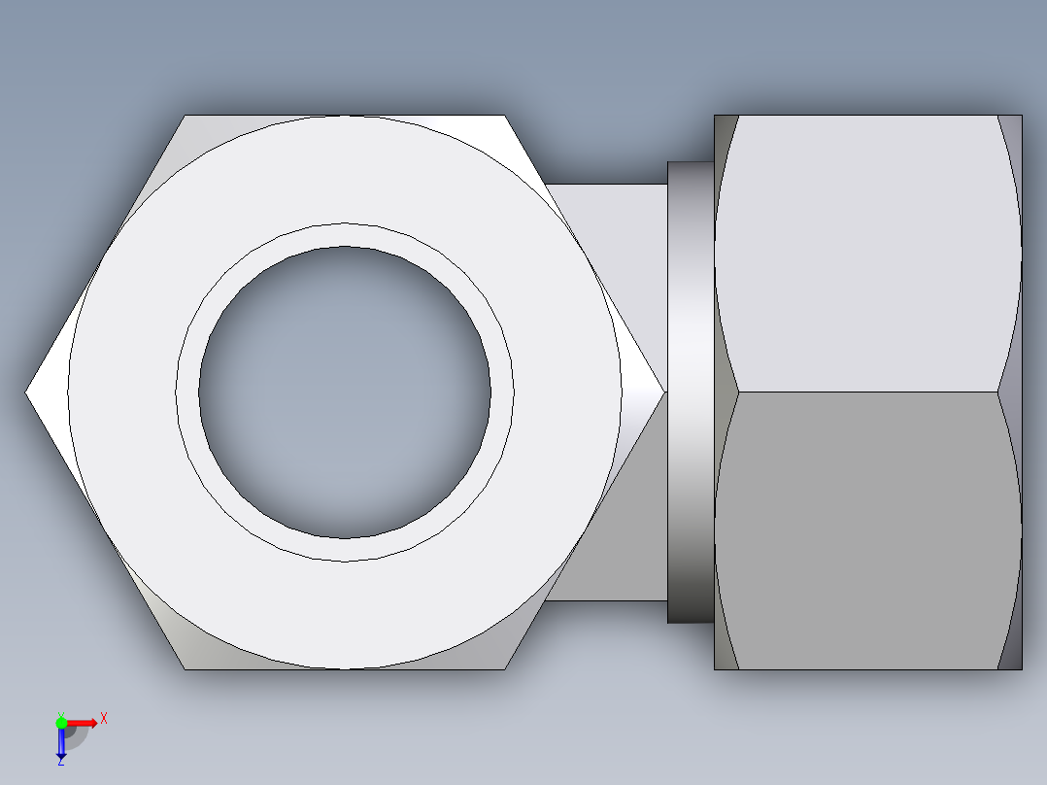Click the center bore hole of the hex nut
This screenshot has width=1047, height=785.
tap(345, 392)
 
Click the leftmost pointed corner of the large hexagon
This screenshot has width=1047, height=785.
tap(28, 392)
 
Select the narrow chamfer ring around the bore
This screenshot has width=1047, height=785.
tap(345, 235)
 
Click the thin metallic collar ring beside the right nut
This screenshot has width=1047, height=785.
tap(691, 392)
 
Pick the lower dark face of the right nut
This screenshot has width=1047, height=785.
tap(867, 529)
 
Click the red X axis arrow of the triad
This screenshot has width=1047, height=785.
tap(82, 722)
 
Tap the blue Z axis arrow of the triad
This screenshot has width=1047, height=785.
tap(61, 744)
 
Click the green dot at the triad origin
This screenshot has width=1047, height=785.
tap(61, 722)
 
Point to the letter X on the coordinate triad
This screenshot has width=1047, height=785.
tap(104, 718)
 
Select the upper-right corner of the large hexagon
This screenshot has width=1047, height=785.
tap(503, 118)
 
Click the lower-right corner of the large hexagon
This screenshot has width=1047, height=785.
tap(503, 666)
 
